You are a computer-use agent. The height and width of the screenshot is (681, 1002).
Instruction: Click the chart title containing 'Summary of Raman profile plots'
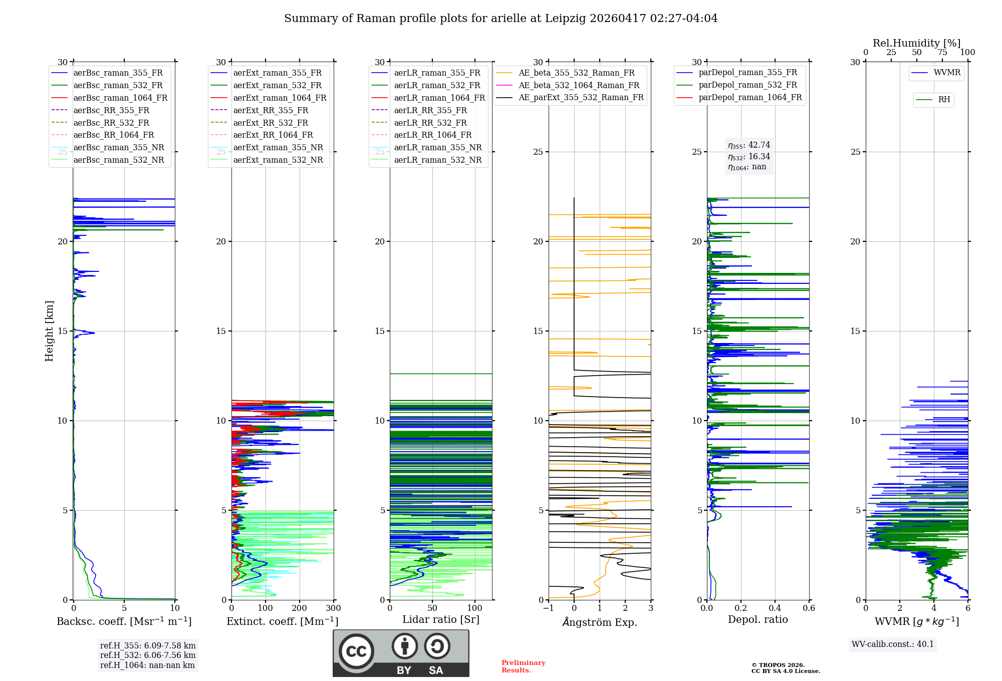click(501, 19)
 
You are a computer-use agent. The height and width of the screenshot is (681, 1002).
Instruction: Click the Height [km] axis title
click(49, 331)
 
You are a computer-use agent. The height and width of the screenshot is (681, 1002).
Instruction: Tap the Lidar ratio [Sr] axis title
click(441, 619)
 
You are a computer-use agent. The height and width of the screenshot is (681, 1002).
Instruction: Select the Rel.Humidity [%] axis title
click(917, 43)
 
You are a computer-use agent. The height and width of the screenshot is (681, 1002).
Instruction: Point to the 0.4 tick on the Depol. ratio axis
click(775, 608)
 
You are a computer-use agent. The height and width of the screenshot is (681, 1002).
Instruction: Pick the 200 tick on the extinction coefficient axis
click(300, 608)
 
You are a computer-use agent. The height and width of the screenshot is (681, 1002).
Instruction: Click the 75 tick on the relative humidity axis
click(942, 53)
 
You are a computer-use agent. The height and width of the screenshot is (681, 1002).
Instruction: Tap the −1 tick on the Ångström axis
click(549, 608)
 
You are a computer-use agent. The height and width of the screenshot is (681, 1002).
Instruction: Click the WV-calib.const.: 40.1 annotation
click(893, 644)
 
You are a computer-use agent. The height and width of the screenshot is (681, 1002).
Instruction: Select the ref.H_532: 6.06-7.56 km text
click(148, 655)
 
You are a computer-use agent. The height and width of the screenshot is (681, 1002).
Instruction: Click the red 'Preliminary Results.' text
click(524, 666)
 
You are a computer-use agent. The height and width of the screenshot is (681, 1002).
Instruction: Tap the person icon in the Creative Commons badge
click(405, 646)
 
